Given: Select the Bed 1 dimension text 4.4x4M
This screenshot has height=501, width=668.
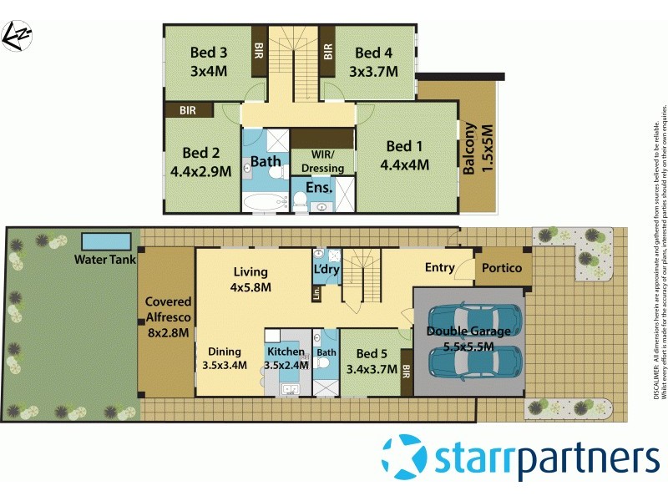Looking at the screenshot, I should [404, 164].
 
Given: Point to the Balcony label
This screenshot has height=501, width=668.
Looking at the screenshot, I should [470, 149].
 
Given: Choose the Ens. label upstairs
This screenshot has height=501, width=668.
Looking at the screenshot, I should [319, 188].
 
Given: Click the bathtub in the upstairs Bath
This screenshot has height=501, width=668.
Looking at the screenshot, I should [266, 200].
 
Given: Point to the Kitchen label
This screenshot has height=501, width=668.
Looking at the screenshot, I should [286, 352].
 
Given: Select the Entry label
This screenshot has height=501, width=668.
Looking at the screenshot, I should [439, 267].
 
